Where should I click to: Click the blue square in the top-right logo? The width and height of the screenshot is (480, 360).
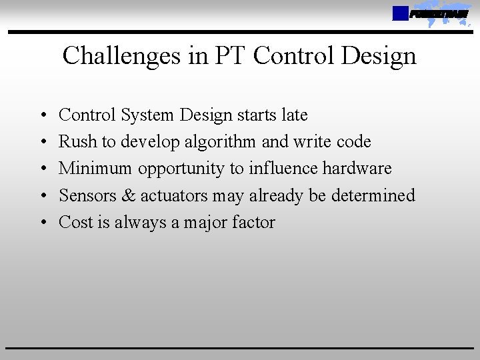pyautogui.click(x=400, y=13)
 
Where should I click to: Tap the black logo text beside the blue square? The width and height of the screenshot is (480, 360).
pyautogui.click(x=439, y=14)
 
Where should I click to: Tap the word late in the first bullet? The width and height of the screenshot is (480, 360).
pyautogui.click(x=294, y=115)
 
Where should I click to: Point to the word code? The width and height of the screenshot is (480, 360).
pyautogui.click(x=354, y=142)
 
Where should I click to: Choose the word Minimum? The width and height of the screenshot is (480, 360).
pyautogui.click(x=95, y=169)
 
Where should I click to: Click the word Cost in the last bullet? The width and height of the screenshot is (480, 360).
pyautogui.click(x=73, y=222)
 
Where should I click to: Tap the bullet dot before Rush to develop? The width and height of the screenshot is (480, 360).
pyautogui.click(x=42, y=143)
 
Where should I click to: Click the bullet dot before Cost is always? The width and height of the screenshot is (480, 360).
pyautogui.click(x=42, y=223)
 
